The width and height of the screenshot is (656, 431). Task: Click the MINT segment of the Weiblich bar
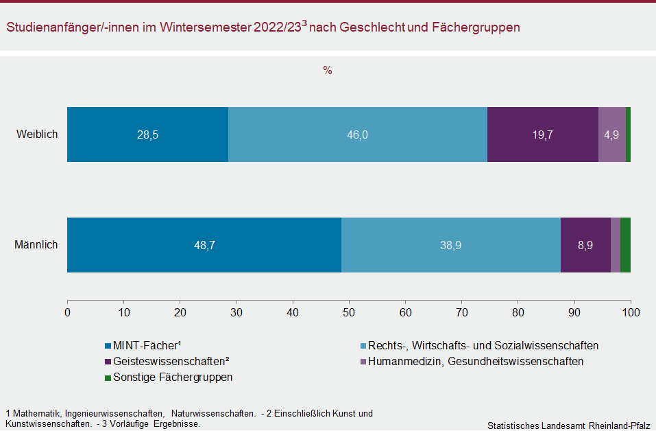[x=147, y=135]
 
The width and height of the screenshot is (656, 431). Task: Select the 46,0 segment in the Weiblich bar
[x=357, y=135]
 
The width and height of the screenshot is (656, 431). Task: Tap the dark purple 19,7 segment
[x=542, y=135]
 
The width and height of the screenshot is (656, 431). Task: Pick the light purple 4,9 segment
[x=611, y=135]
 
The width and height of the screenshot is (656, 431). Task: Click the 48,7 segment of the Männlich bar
[x=204, y=245]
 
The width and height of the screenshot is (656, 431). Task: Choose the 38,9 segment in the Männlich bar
[x=450, y=245]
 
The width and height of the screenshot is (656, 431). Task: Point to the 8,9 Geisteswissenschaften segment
[x=585, y=245]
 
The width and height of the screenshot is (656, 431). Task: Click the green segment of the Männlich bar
[x=625, y=245]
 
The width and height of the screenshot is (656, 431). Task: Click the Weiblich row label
[x=37, y=135]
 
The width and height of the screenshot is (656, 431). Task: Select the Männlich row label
[x=36, y=245]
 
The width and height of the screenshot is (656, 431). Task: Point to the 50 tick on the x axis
[x=349, y=312]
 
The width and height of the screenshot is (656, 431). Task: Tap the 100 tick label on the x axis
[x=630, y=312]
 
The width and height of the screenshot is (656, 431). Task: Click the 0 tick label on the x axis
[x=67, y=312]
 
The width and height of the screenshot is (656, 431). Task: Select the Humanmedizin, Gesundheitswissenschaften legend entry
[x=475, y=361]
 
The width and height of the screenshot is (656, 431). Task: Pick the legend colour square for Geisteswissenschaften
[x=108, y=362]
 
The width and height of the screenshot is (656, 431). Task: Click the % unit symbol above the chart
[x=328, y=70]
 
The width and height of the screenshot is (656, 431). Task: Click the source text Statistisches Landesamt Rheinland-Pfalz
[x=568, y=426]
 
